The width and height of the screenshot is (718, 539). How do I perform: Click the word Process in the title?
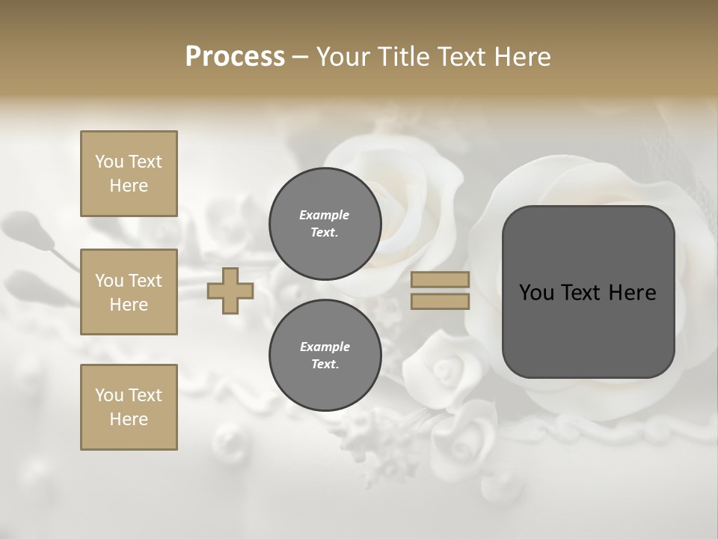[235, 57]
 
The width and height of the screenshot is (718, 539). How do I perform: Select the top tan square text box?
[129, 174]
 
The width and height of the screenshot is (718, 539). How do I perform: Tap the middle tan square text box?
[129, 292]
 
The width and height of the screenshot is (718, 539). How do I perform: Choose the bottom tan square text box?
[129, 407]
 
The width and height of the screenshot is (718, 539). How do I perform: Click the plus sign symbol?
[230, 290]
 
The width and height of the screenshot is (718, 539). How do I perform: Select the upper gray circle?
[325, 224]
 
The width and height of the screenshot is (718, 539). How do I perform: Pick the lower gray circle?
[325, 356]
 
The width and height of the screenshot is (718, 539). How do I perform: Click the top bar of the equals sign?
[440, 280]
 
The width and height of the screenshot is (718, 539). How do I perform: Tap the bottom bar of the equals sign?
[440, 301]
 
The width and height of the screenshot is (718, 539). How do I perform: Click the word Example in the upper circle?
[325, 216]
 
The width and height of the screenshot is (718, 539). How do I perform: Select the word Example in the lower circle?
[325, 347]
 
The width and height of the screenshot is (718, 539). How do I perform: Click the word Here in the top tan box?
[129, 186]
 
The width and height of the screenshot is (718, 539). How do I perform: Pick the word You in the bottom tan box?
[109, 395]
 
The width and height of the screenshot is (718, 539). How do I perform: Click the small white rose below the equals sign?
[447, 367]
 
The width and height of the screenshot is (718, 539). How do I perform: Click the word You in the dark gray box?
[537, 293]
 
